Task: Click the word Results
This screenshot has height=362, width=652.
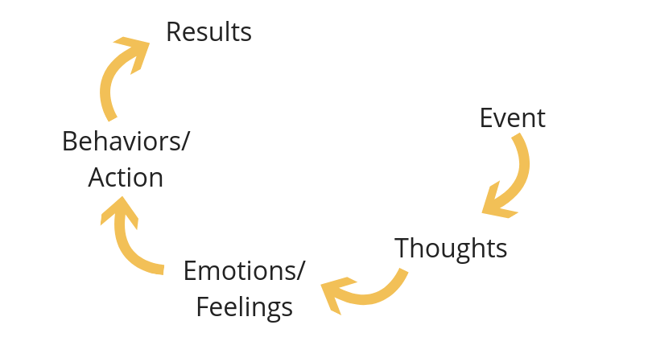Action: [208, 32]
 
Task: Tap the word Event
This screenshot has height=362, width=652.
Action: [512, 118]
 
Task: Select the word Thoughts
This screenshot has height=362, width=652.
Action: [451, 248]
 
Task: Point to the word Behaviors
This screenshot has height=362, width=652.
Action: [122, 141]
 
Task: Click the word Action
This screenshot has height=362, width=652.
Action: [126, 177]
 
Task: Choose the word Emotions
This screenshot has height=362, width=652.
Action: [239, 270]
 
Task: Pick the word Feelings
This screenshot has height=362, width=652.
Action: [244, 306]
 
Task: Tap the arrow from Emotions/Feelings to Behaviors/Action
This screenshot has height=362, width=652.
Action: [129, 245]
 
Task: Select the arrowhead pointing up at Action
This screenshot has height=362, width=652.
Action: [119, 212]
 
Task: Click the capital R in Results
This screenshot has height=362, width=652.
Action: [173, 32]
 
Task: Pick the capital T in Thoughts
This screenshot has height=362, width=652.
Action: [402, 248]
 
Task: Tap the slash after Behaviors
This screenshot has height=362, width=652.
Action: [186, 141]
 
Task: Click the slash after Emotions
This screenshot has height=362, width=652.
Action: [301, 270]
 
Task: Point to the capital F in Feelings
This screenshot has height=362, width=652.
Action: [203, 306]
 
